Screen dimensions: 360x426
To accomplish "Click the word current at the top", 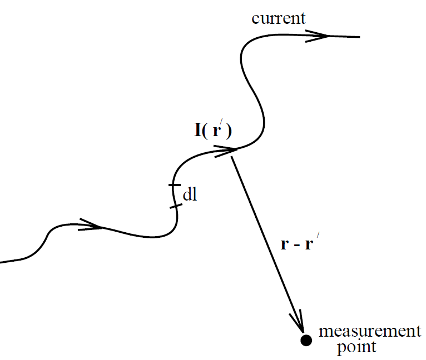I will [278, 18].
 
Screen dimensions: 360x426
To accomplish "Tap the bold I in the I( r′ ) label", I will [197, 131].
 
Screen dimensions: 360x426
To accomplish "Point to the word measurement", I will [369, 332].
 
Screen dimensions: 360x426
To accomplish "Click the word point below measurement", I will [356, 348].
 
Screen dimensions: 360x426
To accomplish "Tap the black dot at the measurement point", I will [305, 340].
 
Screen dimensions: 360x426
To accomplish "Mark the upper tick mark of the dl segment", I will [174, 184].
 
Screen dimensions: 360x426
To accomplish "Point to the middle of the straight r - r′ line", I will [266, 242].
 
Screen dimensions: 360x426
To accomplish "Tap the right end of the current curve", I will [359, 37].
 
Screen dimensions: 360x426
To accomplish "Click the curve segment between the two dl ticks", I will [174, 196].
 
